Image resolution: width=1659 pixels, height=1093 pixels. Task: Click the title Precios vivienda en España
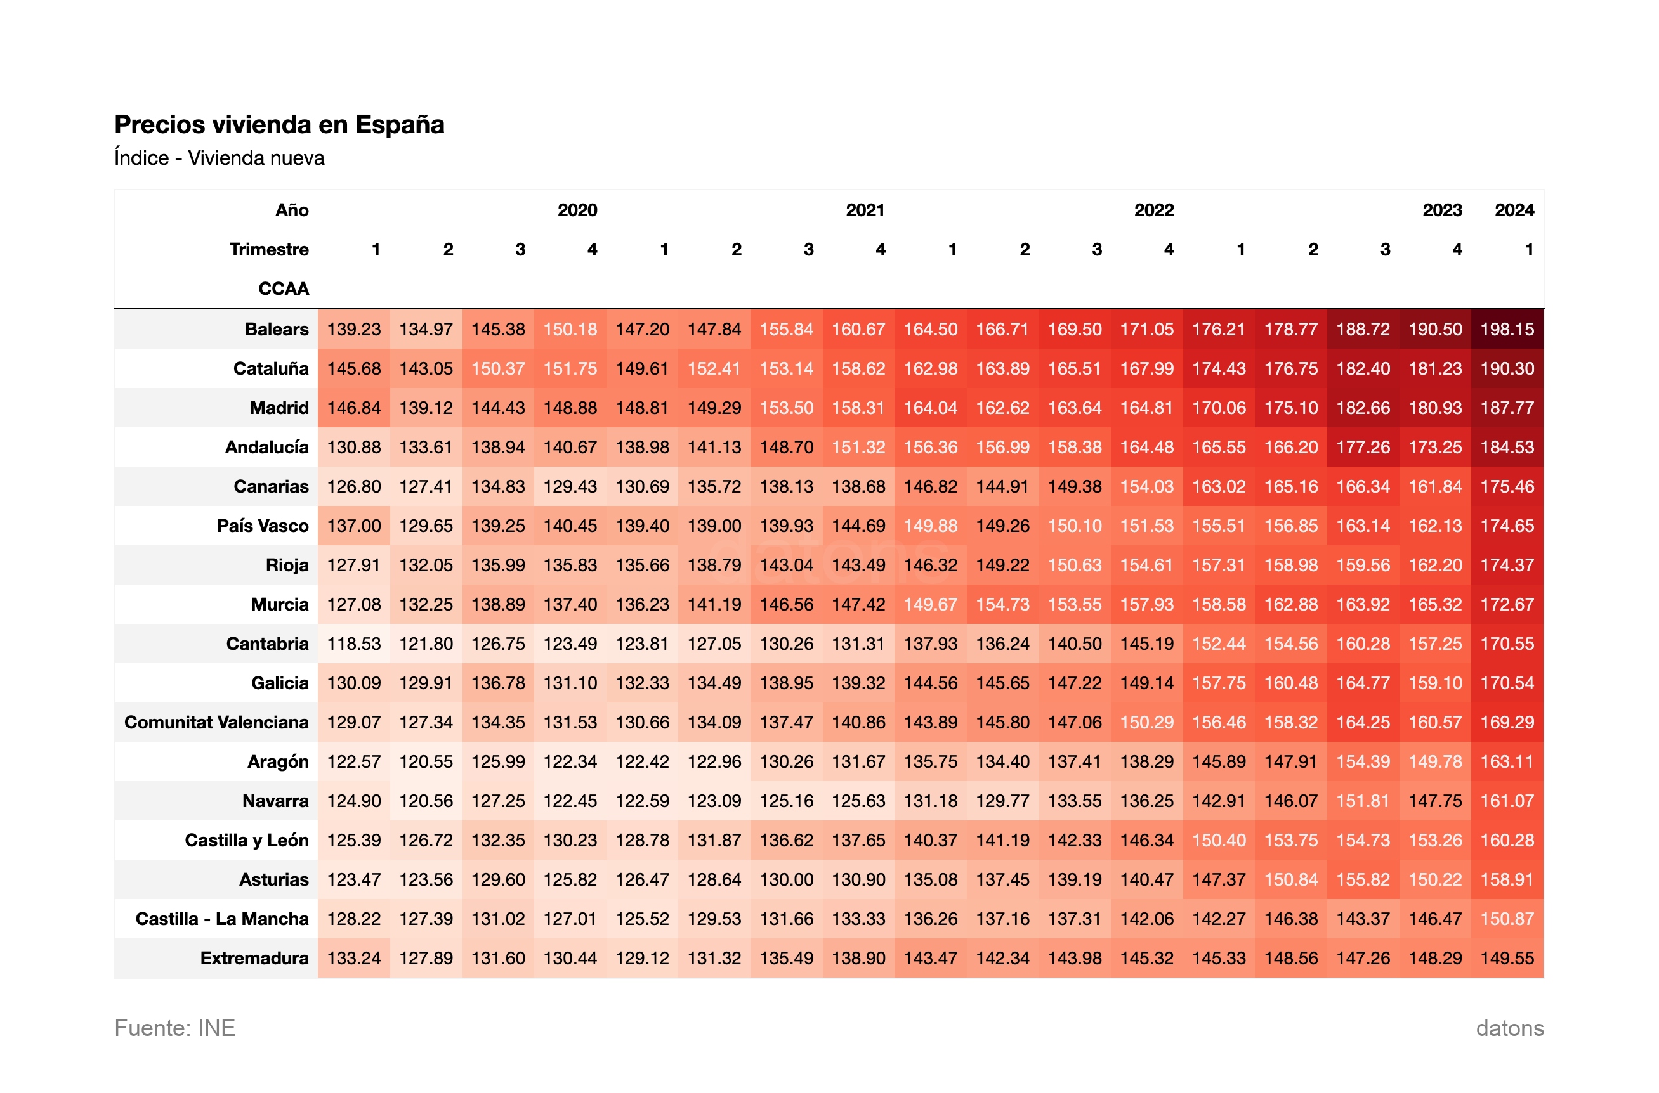[x=279, y=125]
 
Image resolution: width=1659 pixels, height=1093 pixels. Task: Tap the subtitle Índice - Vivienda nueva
[x=219, y=158]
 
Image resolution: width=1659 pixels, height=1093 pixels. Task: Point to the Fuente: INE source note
[x=174, y=1028]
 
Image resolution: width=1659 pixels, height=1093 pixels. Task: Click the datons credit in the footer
[x=1509, y=1028]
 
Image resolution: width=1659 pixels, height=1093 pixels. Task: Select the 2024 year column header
[x=1513, y=210]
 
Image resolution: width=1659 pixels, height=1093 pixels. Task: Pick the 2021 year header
[x=865, y=210]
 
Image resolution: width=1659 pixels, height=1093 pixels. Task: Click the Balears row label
[x=276, y=329]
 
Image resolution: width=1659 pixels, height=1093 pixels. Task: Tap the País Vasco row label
[x=262, y=526]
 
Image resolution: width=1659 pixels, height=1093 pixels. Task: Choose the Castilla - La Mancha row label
[x=222, y=919]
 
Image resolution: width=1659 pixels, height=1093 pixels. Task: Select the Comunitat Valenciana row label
[x=216, y=722]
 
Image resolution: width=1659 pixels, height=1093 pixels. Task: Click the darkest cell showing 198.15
[x=1507, y=329]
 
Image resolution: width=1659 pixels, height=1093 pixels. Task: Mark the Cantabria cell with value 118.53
[x=353, y=644]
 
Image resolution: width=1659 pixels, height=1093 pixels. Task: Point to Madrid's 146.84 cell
[x=353, y=408]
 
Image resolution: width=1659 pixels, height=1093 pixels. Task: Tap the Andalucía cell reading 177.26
[x=1363, y=447]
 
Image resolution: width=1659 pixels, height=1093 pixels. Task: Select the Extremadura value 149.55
[x=1507, y=958]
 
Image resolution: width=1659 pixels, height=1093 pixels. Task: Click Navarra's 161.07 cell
[x=1507, y=801]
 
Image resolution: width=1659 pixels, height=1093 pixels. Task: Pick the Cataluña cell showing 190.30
[x=1507, y=368]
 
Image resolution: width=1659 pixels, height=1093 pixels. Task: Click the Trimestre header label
[x=268, y=250]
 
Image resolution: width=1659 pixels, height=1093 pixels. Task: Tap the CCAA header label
[x=283, y=288]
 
